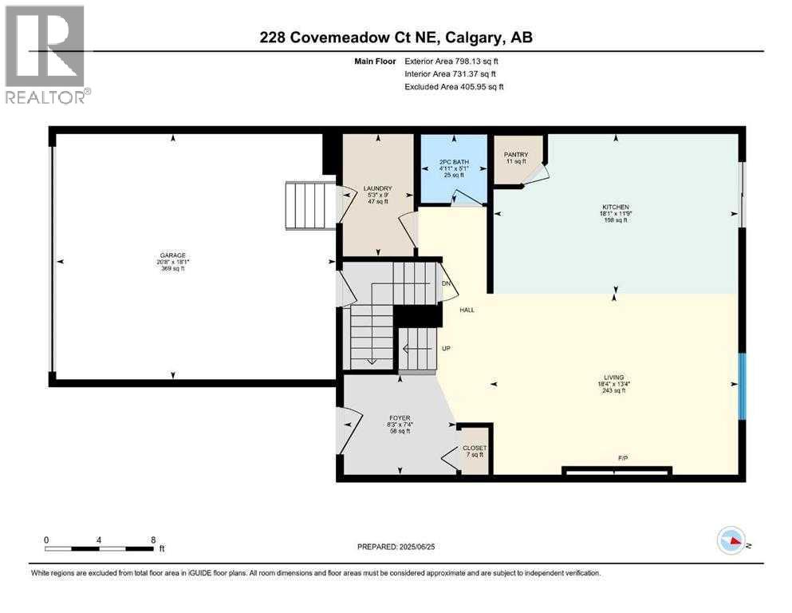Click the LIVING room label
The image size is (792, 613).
(x=613, y=378)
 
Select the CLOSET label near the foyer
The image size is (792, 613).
(x=475, y=449)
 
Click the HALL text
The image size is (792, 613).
(x=467, y=310)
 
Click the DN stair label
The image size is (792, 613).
(x=447, y=283)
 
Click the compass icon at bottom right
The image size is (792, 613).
(x=731, y=542)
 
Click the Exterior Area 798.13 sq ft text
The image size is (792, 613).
(x=455, y=61)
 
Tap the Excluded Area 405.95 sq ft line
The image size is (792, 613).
(x=454, y=86)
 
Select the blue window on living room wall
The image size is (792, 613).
(x=741, y=386)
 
